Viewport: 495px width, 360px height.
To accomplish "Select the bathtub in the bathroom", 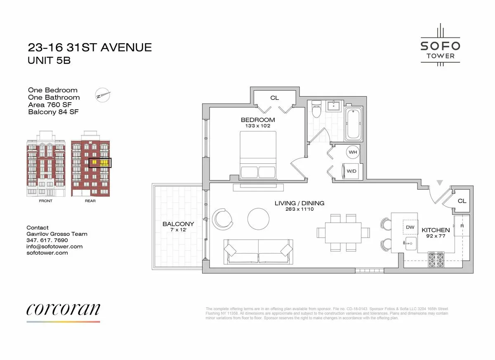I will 354,124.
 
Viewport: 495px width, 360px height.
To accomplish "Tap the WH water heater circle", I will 353,152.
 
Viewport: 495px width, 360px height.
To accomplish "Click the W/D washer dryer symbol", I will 350,171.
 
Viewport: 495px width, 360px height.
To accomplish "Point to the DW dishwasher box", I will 410,227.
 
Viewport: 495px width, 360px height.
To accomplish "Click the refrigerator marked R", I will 462,226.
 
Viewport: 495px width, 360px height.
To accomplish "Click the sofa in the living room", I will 258,251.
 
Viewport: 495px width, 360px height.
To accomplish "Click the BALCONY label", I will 178,224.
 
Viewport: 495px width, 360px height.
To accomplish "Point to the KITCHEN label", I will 436,230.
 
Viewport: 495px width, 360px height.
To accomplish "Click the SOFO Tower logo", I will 440,45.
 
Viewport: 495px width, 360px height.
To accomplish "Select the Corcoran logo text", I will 63,309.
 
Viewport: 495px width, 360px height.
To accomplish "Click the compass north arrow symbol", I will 103,94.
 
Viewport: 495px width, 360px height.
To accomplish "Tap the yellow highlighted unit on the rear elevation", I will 100,162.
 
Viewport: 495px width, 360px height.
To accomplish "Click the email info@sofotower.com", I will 54,246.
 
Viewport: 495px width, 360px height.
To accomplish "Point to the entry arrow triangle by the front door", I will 440,182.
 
